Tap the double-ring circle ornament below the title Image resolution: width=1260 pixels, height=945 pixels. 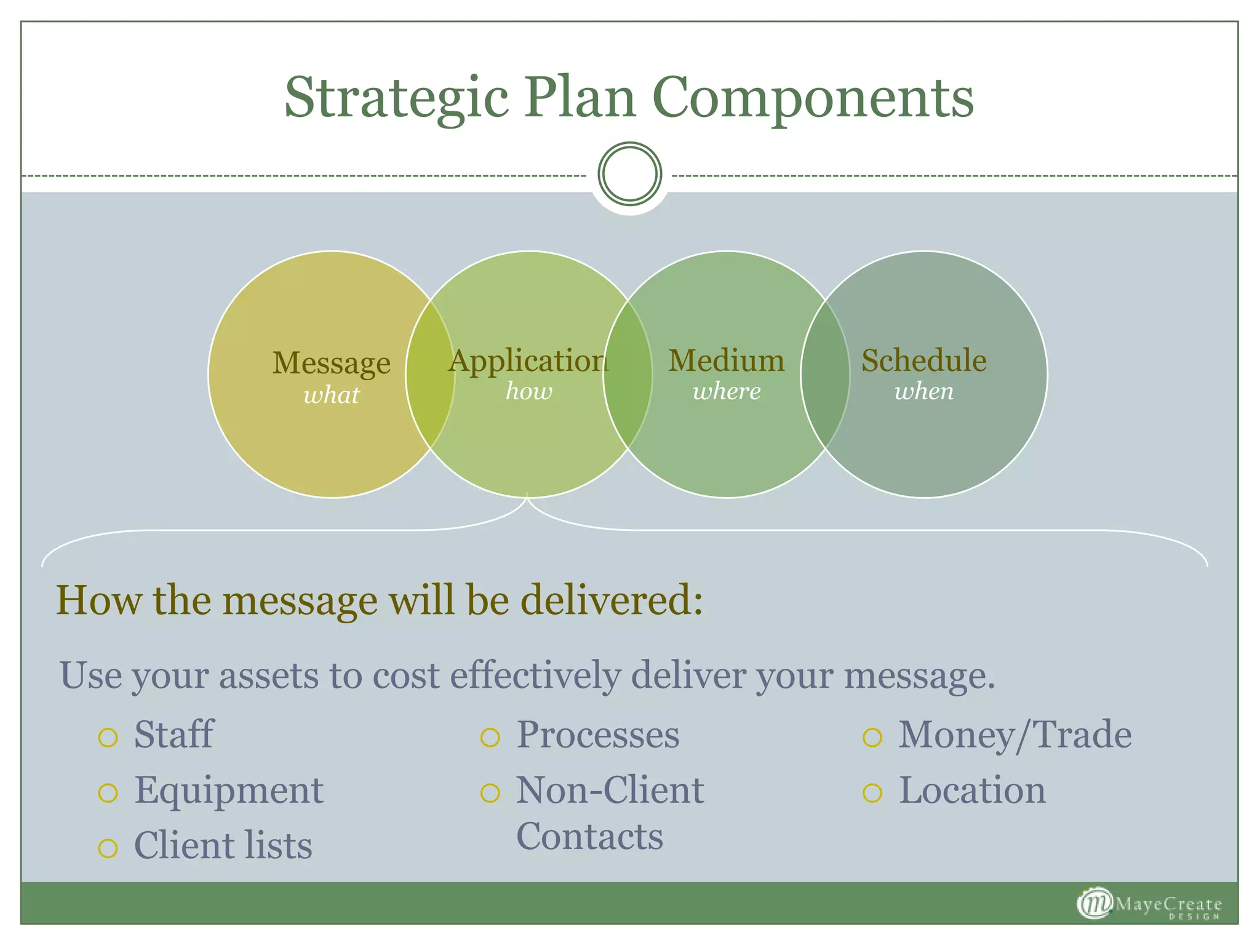[629, 173]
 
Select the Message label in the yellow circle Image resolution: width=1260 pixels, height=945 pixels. [331, 363]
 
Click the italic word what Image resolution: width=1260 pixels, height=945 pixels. [331, 395]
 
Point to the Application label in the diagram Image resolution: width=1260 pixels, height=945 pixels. [528, 362]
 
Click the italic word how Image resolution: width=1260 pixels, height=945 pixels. [528, 391]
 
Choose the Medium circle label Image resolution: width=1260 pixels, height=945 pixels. [726, 361]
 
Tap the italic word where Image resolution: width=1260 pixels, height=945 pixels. [727, 391]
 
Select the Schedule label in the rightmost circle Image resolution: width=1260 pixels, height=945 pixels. [923, 361]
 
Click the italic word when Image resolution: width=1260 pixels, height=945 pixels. [923, 391]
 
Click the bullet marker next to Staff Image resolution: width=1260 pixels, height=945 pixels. [108, 737]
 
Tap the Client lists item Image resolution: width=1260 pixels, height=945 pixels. [223, 845]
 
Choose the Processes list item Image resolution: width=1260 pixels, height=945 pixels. [597, 735]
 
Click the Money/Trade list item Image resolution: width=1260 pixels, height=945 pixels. [1015, 735]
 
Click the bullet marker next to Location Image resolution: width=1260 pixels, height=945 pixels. [872, 792]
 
